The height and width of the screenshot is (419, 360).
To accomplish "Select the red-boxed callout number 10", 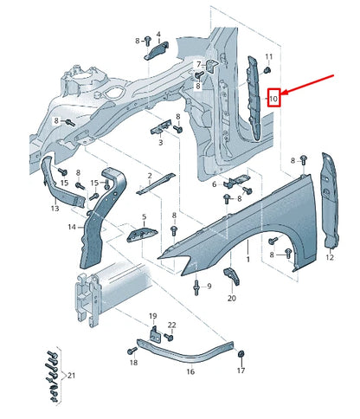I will pyautogui.click(x=273, y=99).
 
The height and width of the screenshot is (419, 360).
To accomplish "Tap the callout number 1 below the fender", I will pyautogui.click(x=248, y=259).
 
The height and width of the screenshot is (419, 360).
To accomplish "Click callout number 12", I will pyautogui.click(x=330, y=257).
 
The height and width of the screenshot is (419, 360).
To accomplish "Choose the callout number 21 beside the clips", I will pyautogui.click(x=72, y=375).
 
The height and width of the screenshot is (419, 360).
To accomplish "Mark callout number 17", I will pyautogui.click(x=241, y=370).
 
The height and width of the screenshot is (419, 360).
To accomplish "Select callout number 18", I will pyautogui.click(x=133, y=364).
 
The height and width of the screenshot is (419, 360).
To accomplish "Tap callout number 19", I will pyautogui.click(x=152, y=316).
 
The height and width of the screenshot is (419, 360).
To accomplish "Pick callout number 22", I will pyautogui.click(x=172, y=325).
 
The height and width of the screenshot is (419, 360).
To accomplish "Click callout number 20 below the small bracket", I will pyautogui.click(x=231, y=298).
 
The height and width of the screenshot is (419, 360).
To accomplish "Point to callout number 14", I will pyautogui.click(x=73, y=227).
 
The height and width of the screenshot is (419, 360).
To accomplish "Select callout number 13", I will pyautogui.click(x=55, y=209).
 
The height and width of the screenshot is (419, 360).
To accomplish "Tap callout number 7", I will pyautogui.click(x=198, y=64).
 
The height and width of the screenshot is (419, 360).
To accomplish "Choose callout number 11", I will pyautogui.click(x=268, y=57).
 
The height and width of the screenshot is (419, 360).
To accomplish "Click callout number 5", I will pyautogui.click(x=144, y=217).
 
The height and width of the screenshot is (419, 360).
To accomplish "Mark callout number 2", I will pyautogui.click(x=149, y=176).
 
